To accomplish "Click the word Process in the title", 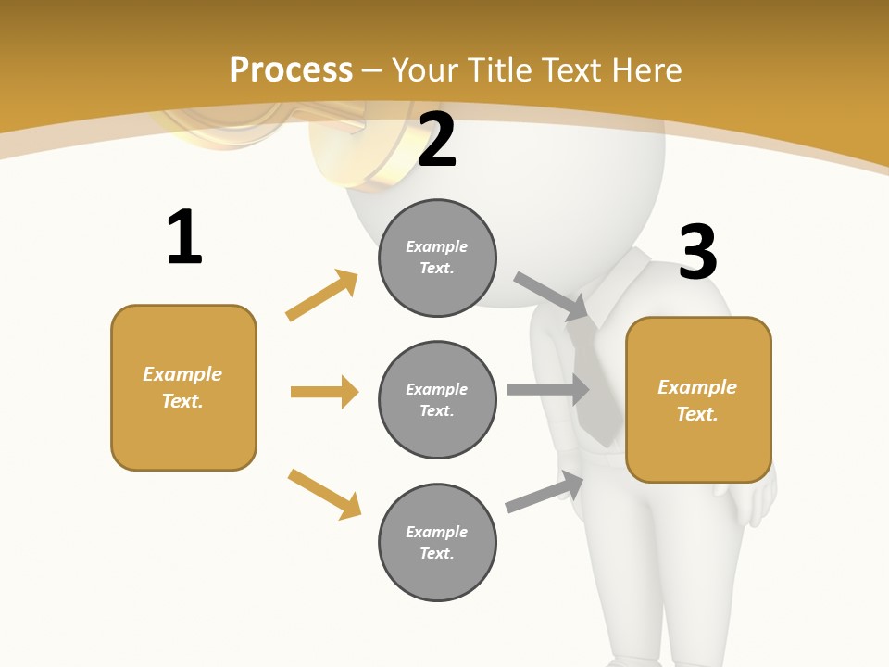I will (x=291, y=69).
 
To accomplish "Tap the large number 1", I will (x=184, y=238).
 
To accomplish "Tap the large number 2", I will (x=437, y=141).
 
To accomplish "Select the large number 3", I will (x=697, y=252).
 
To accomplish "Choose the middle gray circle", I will (x=437, y=399).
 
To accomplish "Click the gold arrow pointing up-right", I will (x=322, y=295).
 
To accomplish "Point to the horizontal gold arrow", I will (x=324, y=392).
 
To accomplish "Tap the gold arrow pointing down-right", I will (x=324, y=494).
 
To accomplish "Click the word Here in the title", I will (x=648, y=69).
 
